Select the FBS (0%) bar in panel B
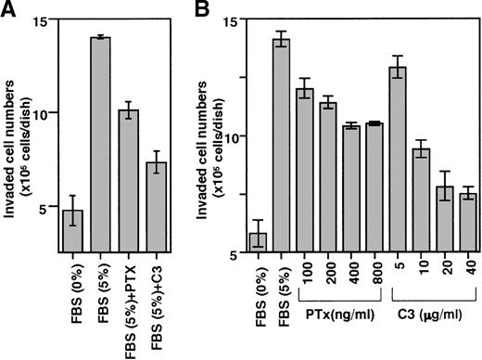(x=258, y=241)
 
